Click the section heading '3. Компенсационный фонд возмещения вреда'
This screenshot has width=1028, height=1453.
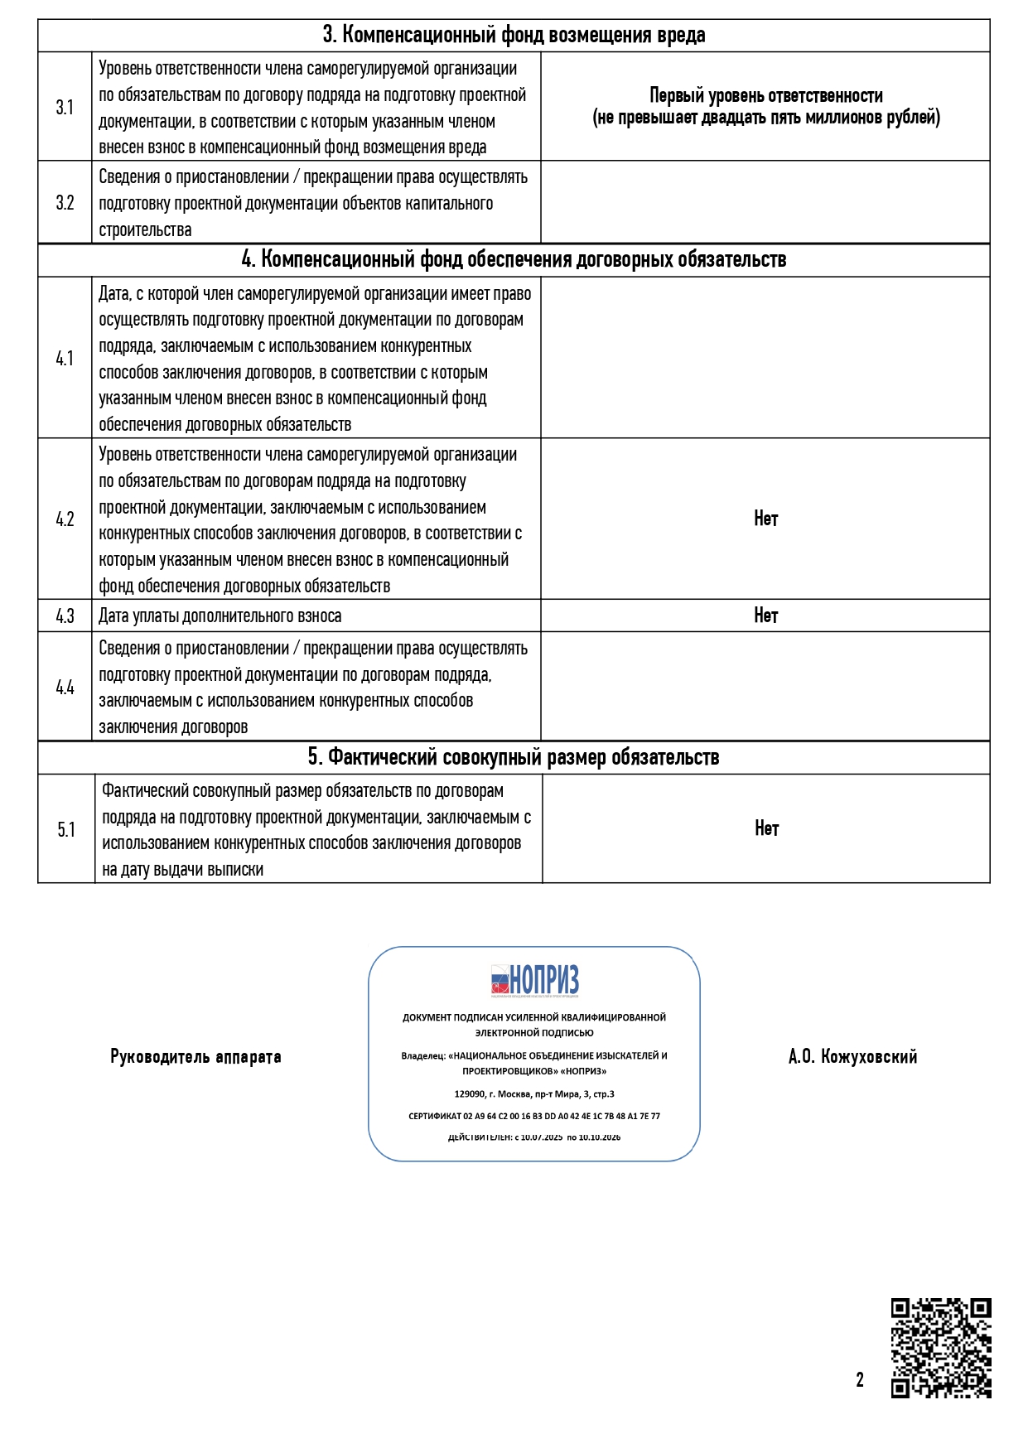click(x=514, y=36)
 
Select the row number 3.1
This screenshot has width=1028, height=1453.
click(x=65, y=108)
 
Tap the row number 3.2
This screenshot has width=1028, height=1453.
click(x=65, y=203)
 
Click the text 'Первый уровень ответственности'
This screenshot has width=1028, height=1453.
click(x=765, y=96)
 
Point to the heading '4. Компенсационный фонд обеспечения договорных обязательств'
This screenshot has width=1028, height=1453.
click(x=514, y=260)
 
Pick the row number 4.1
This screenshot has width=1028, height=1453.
click(x=65, y=359)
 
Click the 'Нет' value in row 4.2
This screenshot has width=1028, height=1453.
click(x=765, y=519)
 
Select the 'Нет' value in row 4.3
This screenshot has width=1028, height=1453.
click(x=765, y=615)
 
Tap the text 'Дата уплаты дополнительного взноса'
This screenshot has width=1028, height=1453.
click(x=220, y=616)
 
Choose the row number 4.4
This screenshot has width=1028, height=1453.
click(x=65, y=688)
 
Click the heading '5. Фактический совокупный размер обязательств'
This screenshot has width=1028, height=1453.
click(x=514, y=757)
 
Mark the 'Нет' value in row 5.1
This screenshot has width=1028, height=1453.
click(x=766, y=829)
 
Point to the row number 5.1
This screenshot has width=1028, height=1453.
click(x=66, y=830)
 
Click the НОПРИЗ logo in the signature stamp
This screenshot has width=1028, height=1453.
click(x=534, y=981)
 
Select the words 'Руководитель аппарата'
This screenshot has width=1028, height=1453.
click(x=195, y=1057)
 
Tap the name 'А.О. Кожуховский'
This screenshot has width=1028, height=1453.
click(x=852, y=1057)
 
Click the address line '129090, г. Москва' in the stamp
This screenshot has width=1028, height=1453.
click(x=534, y=1094)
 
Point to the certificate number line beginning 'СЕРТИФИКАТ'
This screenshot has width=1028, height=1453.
click(x=534, y=1117)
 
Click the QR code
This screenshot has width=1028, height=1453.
click(x=941, y=1349)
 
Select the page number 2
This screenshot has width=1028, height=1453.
click(x=860, y=1380)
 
